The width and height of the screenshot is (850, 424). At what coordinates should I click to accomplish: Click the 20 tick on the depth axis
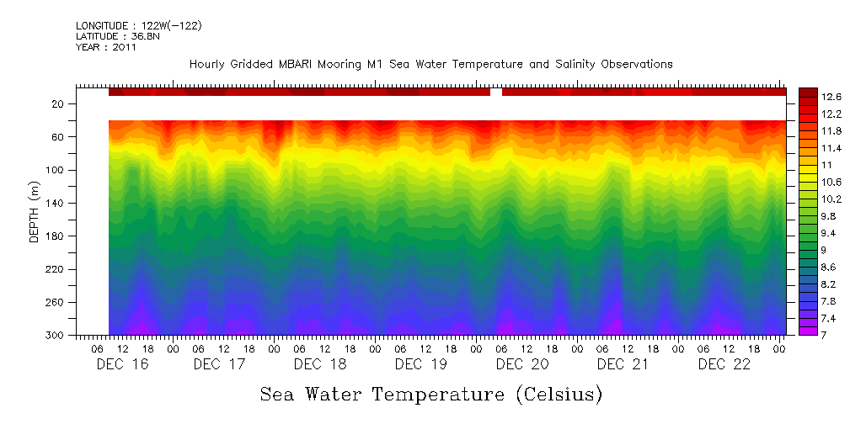[59, 104]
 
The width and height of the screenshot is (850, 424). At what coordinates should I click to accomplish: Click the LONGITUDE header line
[138, 26]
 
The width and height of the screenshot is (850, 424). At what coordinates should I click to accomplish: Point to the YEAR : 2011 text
[106, 47]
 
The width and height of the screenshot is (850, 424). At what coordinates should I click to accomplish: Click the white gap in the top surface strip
[496, 92]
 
